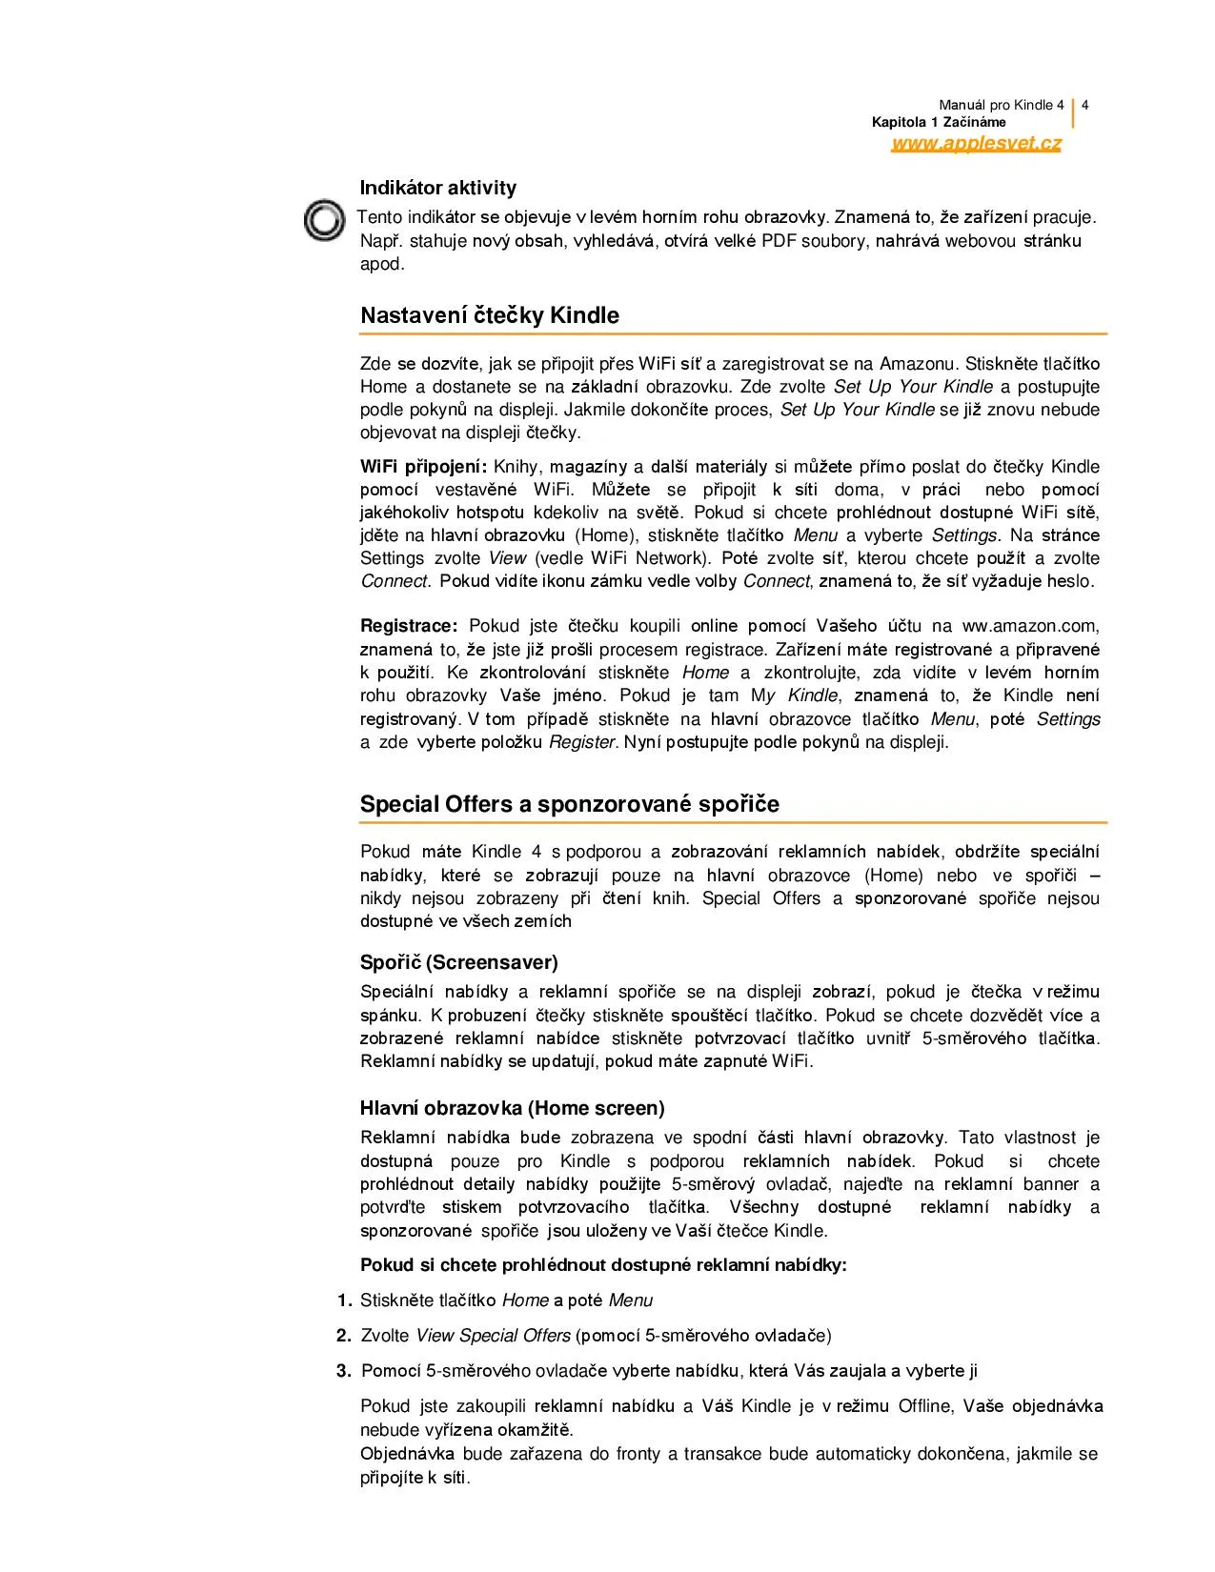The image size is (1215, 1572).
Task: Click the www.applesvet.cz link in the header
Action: [x=976, y=144]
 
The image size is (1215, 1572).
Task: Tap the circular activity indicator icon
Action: [x=324, y=221]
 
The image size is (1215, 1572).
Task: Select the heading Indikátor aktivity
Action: [x=437, y=188]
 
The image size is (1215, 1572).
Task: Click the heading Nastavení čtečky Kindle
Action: [x=489, y=315]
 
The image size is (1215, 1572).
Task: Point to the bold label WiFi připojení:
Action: [x=423, y=467]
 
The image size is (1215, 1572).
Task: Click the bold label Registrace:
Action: [x=409, y=626]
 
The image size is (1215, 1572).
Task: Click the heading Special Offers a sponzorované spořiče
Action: [x=569, y=804]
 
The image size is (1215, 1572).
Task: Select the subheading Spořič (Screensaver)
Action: [x=458, y=961]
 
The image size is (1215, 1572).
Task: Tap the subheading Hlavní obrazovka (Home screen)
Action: [x=512, y=1108]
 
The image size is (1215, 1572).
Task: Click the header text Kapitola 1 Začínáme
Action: [x=938, y=123]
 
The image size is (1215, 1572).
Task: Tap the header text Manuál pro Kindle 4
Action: [x=1001, y=105]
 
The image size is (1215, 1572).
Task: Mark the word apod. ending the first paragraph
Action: [x=381, y=264]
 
